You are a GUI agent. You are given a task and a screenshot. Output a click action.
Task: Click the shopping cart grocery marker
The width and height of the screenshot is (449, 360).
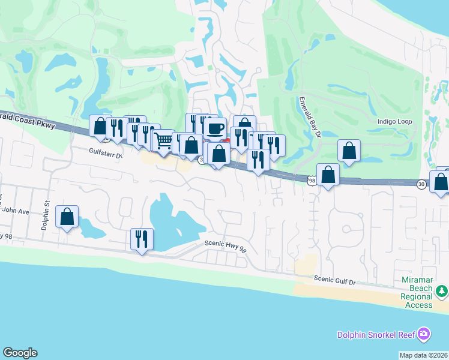click(x=164, y=140)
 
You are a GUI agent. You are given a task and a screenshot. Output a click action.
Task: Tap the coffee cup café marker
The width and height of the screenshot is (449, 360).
click(x=215, y=128)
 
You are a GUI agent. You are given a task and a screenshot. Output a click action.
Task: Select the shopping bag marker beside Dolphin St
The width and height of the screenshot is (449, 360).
click(x=67, y=216)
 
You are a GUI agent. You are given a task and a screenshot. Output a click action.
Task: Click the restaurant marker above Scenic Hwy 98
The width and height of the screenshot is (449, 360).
click(x=142, y=239)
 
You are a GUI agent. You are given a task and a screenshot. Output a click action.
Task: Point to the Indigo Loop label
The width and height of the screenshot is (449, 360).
click(x=394, y=122)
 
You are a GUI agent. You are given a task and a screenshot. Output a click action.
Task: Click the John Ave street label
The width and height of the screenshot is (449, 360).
click(x=16, y=212)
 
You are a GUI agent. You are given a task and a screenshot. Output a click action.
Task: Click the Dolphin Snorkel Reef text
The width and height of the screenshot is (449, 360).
click(x=377, y=335)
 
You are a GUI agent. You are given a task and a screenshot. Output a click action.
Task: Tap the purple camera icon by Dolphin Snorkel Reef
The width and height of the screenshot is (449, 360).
click(x=424, y=333)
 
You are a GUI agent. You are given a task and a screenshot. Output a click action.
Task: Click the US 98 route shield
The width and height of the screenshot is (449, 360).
click(x=312, y=180)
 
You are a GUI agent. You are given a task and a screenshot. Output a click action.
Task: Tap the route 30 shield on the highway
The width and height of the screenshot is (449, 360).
click(x=422, y=185)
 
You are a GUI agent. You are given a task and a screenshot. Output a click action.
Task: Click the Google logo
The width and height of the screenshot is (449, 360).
click(x=20, y=353)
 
